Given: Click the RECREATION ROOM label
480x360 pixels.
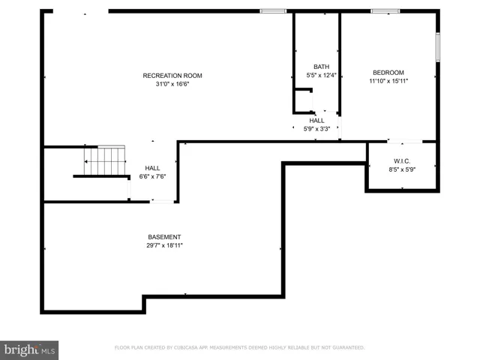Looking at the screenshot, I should point(172,75).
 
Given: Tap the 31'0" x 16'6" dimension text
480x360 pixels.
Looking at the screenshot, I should point(172,84).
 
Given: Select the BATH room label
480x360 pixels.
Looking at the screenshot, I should point(322,67).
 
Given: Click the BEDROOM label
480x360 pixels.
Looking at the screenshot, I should point(388,73).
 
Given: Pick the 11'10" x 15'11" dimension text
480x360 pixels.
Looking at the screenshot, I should point(388,82).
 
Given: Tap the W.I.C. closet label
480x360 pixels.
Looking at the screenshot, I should point(402,161).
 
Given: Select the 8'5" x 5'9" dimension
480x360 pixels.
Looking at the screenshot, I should point(402,170).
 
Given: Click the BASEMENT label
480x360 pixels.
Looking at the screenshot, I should point(164,237).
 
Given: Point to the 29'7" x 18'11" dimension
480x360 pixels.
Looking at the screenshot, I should point(164,246).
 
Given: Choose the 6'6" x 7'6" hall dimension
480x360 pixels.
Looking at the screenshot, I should point(152,177).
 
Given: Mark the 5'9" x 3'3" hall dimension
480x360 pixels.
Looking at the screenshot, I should point(316,129).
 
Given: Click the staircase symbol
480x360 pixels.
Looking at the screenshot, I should point(104,160).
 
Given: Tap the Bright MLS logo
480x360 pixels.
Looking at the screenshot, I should point(30,349).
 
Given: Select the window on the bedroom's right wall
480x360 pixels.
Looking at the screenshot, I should point(437,46).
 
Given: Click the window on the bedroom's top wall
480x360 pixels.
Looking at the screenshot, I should point(385,11).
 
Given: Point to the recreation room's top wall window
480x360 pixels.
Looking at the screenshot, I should point(273,11).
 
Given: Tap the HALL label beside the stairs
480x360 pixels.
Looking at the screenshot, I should point(152,168).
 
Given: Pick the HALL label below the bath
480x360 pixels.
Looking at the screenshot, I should point(316,120).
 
